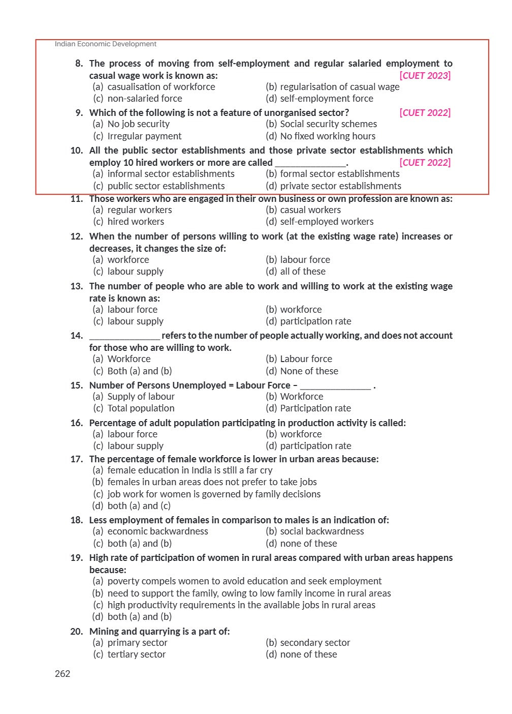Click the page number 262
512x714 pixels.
pyautogui.click(x=62, y=674)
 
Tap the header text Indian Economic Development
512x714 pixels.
pyautogui.click(x=106, y=44)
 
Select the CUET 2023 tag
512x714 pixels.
pyautogui.click(x=425, y=76)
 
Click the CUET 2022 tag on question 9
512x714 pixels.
pyautogui.click(x=425, y=113)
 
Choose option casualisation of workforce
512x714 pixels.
pyautogui.click(x=161, y=87)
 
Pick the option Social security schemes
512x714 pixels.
pyautogui.click(x=328, y=124)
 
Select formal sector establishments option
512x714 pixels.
pyautogui.click(x=339, y=174)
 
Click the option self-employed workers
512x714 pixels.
pyautogui.click(x=326, y=222)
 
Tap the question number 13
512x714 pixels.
pyautogui.click(x=77, y=286)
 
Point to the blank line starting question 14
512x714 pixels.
pyautogui.click(x=124, y=336)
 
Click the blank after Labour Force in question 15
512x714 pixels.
pyautogui.click(x=335, y=385)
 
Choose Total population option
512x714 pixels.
pyautogui.click(x=141, y=408)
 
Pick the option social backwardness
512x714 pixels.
pyautogui.click(x=322, y=531)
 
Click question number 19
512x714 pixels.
pyautogui.click(x=77, y=558)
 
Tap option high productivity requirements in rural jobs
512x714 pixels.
pyautogui.click(x=241, y=605)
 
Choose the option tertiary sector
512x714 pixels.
pyautogui.click(x=136, y=654)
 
